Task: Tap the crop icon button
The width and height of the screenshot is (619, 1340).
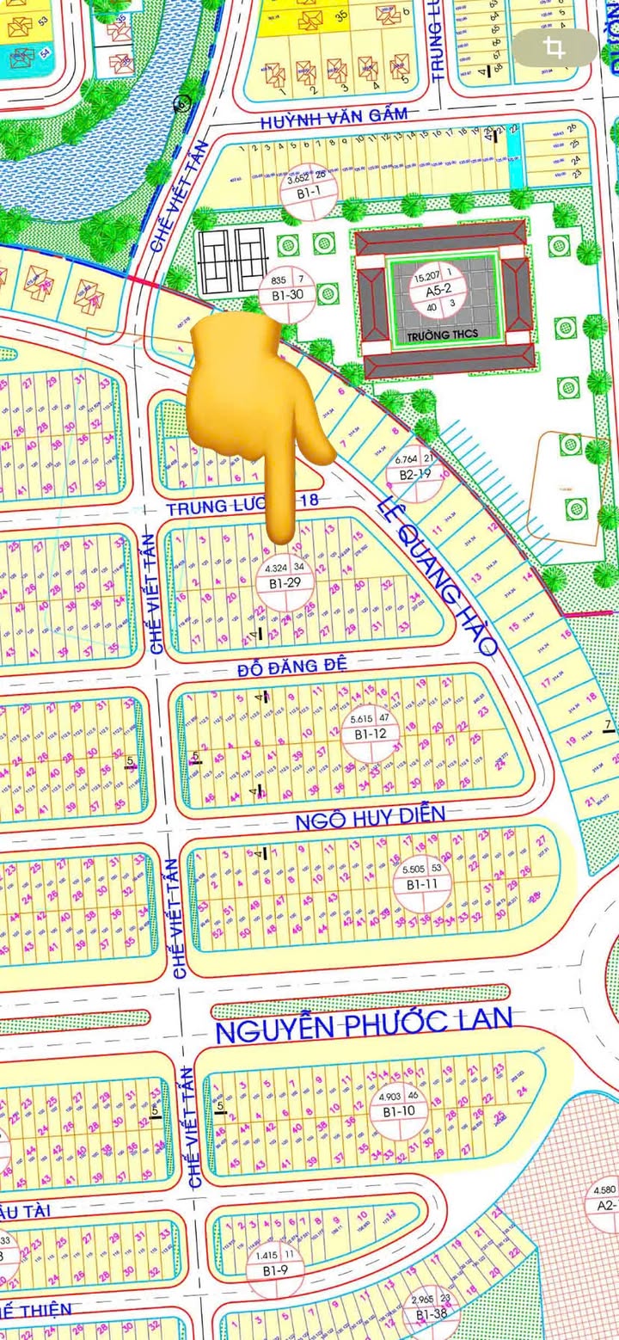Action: [x=555, y=48]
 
